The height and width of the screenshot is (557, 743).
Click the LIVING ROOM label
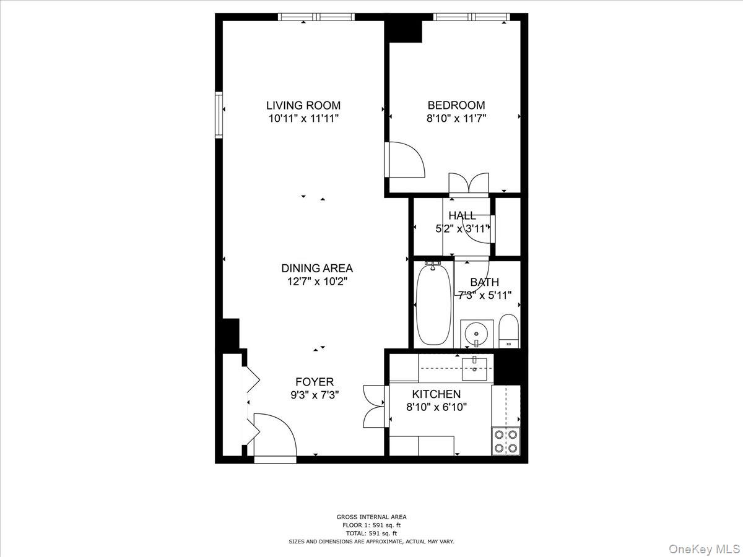coord(303,105)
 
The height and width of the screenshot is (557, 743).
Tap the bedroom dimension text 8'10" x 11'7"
coord(457,118)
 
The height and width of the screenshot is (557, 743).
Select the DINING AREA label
coord(317,268)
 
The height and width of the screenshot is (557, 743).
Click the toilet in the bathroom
coord(508,331)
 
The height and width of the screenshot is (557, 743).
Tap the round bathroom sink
coord(477,333)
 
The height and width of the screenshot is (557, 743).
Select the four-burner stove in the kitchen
coord(505,441)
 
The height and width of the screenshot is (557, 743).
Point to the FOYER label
coord(315,382)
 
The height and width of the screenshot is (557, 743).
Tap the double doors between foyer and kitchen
coord(375,406)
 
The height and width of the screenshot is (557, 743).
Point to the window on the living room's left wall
coord(219,114)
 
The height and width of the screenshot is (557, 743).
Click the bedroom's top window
coord(471,17)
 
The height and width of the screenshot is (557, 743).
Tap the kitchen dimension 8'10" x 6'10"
coord(436,407)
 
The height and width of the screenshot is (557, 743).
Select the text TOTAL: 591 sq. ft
coord(371,533)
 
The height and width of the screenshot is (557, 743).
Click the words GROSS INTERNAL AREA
coord(371,517)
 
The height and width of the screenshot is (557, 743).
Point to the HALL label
coord(462,215)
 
